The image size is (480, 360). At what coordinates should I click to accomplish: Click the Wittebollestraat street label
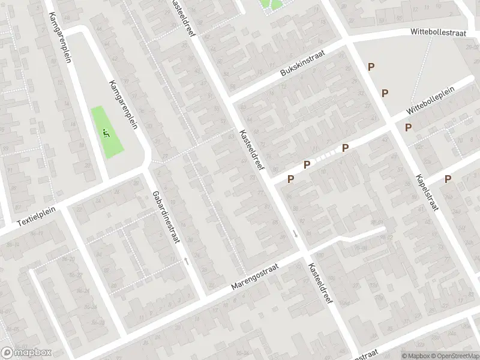point(439,34)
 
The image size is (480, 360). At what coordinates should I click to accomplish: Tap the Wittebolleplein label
point(430,101)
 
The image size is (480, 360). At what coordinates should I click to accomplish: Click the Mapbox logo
point(26,352)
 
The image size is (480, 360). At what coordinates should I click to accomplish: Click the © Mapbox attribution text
point(415,356)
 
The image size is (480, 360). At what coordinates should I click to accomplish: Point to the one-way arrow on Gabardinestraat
point(186,260)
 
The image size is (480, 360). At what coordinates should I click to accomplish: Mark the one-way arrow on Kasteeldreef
point(295,233)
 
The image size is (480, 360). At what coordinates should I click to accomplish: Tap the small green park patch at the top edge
point(271,4)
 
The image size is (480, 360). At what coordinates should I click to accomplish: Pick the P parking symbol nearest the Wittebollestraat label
point(371,67)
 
